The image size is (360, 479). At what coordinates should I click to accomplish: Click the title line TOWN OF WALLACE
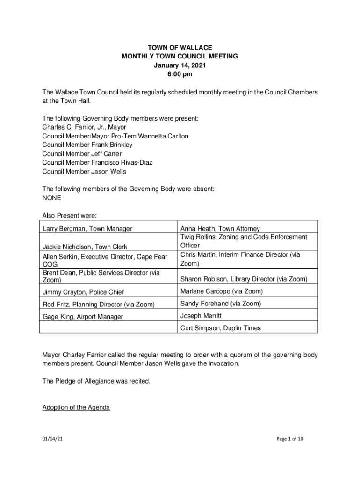tap(180, 48)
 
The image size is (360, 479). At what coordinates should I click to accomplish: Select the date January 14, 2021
tap(180, 65)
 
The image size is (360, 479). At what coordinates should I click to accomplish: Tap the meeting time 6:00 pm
tap(180, 74)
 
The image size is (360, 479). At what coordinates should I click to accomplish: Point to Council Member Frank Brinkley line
tap(87, 145)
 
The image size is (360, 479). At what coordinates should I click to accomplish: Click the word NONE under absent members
tap(51, 197)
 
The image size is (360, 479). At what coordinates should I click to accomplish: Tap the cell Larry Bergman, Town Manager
tap(87, 229)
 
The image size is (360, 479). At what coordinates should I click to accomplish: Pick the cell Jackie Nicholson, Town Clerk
tap(85, 247)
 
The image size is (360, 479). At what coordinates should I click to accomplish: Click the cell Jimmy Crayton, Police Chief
tap(84, 292)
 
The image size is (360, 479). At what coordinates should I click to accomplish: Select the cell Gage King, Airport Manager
tap(83, 317)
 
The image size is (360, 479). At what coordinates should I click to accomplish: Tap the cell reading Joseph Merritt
tap(201, 316)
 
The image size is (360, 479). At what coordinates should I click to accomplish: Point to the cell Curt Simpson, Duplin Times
tap(221, 328)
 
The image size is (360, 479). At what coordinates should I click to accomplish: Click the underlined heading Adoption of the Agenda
tap(76, 407)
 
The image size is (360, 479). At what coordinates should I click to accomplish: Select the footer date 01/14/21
tap(51, 439)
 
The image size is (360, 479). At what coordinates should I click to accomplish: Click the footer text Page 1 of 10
tap(290, 439)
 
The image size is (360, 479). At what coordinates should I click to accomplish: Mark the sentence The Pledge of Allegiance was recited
tap(96, 381)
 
